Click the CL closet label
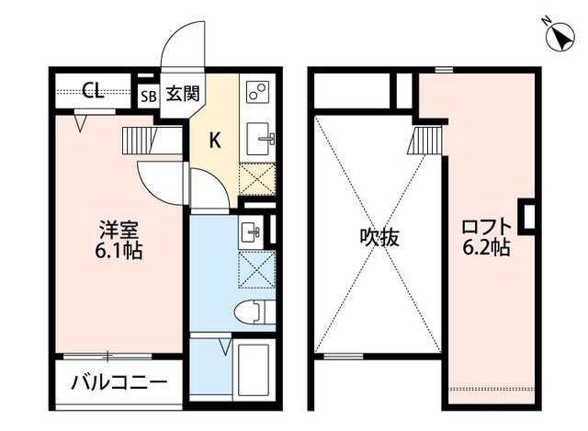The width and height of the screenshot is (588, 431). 91,90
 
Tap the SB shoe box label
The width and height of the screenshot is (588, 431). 149,93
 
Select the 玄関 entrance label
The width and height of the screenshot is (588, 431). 178,92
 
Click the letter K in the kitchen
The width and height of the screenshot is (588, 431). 215,141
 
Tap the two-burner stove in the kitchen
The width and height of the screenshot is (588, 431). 257,93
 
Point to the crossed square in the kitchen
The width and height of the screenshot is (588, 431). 257,178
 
